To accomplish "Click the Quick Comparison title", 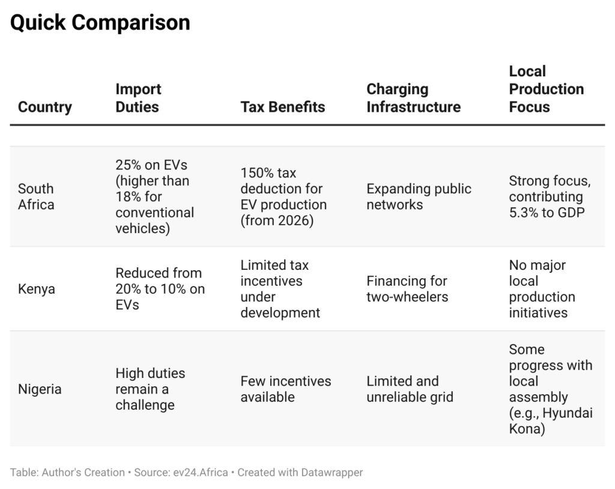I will coord(100,23).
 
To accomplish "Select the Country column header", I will coord(45,107).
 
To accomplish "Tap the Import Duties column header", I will coord(138,98).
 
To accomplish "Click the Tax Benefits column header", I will coord(282,107).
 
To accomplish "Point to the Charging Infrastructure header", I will coord(413,98).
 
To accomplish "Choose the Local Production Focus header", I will coord(546,89).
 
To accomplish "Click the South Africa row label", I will coord(36,196).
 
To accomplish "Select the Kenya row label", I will coord(37,289).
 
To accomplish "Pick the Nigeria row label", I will coord(40,389).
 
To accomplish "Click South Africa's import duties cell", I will coord(155,196).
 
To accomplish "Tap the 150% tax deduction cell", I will coord(283,196).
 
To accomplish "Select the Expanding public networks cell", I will coord(419,196).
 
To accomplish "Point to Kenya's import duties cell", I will coord(160,289).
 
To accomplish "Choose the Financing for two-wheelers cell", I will coord(407,289).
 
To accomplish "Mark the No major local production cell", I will coord(542,289).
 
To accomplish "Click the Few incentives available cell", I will coord(285,389).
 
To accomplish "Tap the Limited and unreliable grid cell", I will coord(410,389).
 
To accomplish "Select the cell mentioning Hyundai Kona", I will coord(550,389).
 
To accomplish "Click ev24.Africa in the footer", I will coord(197,472).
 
